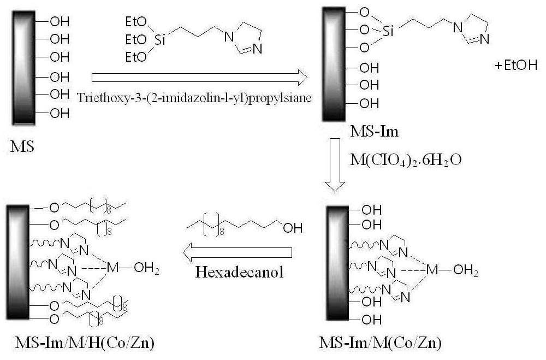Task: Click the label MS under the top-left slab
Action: (x=22, y=146)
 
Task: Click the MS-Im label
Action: (x=375, y=132)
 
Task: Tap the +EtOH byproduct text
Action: (x=516, y=65)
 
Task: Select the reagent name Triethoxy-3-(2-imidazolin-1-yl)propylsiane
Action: (x=194, y=98)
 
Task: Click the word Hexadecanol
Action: (x=239, y=272)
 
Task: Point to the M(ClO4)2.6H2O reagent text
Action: (x=406, y=160)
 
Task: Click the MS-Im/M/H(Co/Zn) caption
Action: (x=85, y=343)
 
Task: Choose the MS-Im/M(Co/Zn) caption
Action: (x=380, y=343)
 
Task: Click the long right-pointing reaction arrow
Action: (x=199, y=78)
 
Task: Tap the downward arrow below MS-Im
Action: (x=335, y=164)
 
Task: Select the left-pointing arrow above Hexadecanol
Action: (x=237, y=253)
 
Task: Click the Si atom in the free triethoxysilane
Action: (x=159, y=40)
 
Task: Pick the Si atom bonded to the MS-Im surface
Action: (x=388, y=31)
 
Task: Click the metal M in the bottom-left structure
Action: (x=113, y=268)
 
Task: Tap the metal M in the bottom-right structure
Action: (x=432, y=269)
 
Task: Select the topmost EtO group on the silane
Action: (x=136, y=22)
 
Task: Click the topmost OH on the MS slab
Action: (x=60, y=22)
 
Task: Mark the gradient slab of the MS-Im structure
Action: (x=334, y=64)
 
